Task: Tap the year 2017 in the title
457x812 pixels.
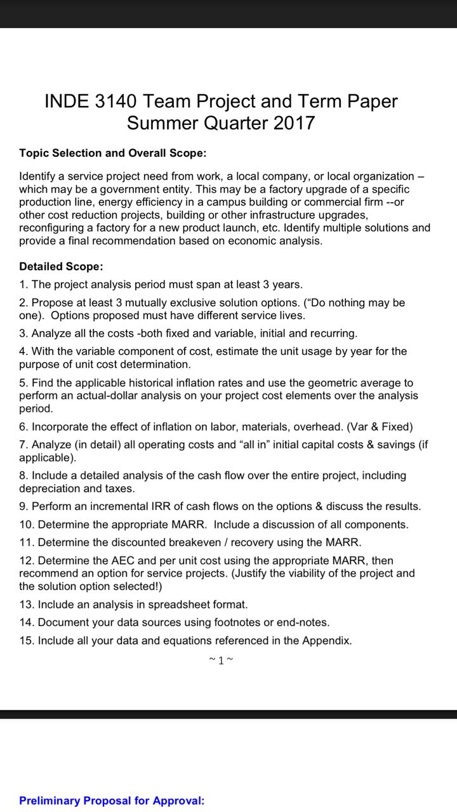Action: (294, 122)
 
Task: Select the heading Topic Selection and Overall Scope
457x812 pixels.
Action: (112, 153)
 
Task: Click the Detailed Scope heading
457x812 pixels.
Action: (61, 266)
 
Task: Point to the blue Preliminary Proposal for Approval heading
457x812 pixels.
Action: (112, 801)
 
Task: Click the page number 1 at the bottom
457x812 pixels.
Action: (221, 660)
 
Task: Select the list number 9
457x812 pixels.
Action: (23, 506)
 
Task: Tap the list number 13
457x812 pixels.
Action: (26, 605)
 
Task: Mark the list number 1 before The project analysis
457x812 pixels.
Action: (23, 284)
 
